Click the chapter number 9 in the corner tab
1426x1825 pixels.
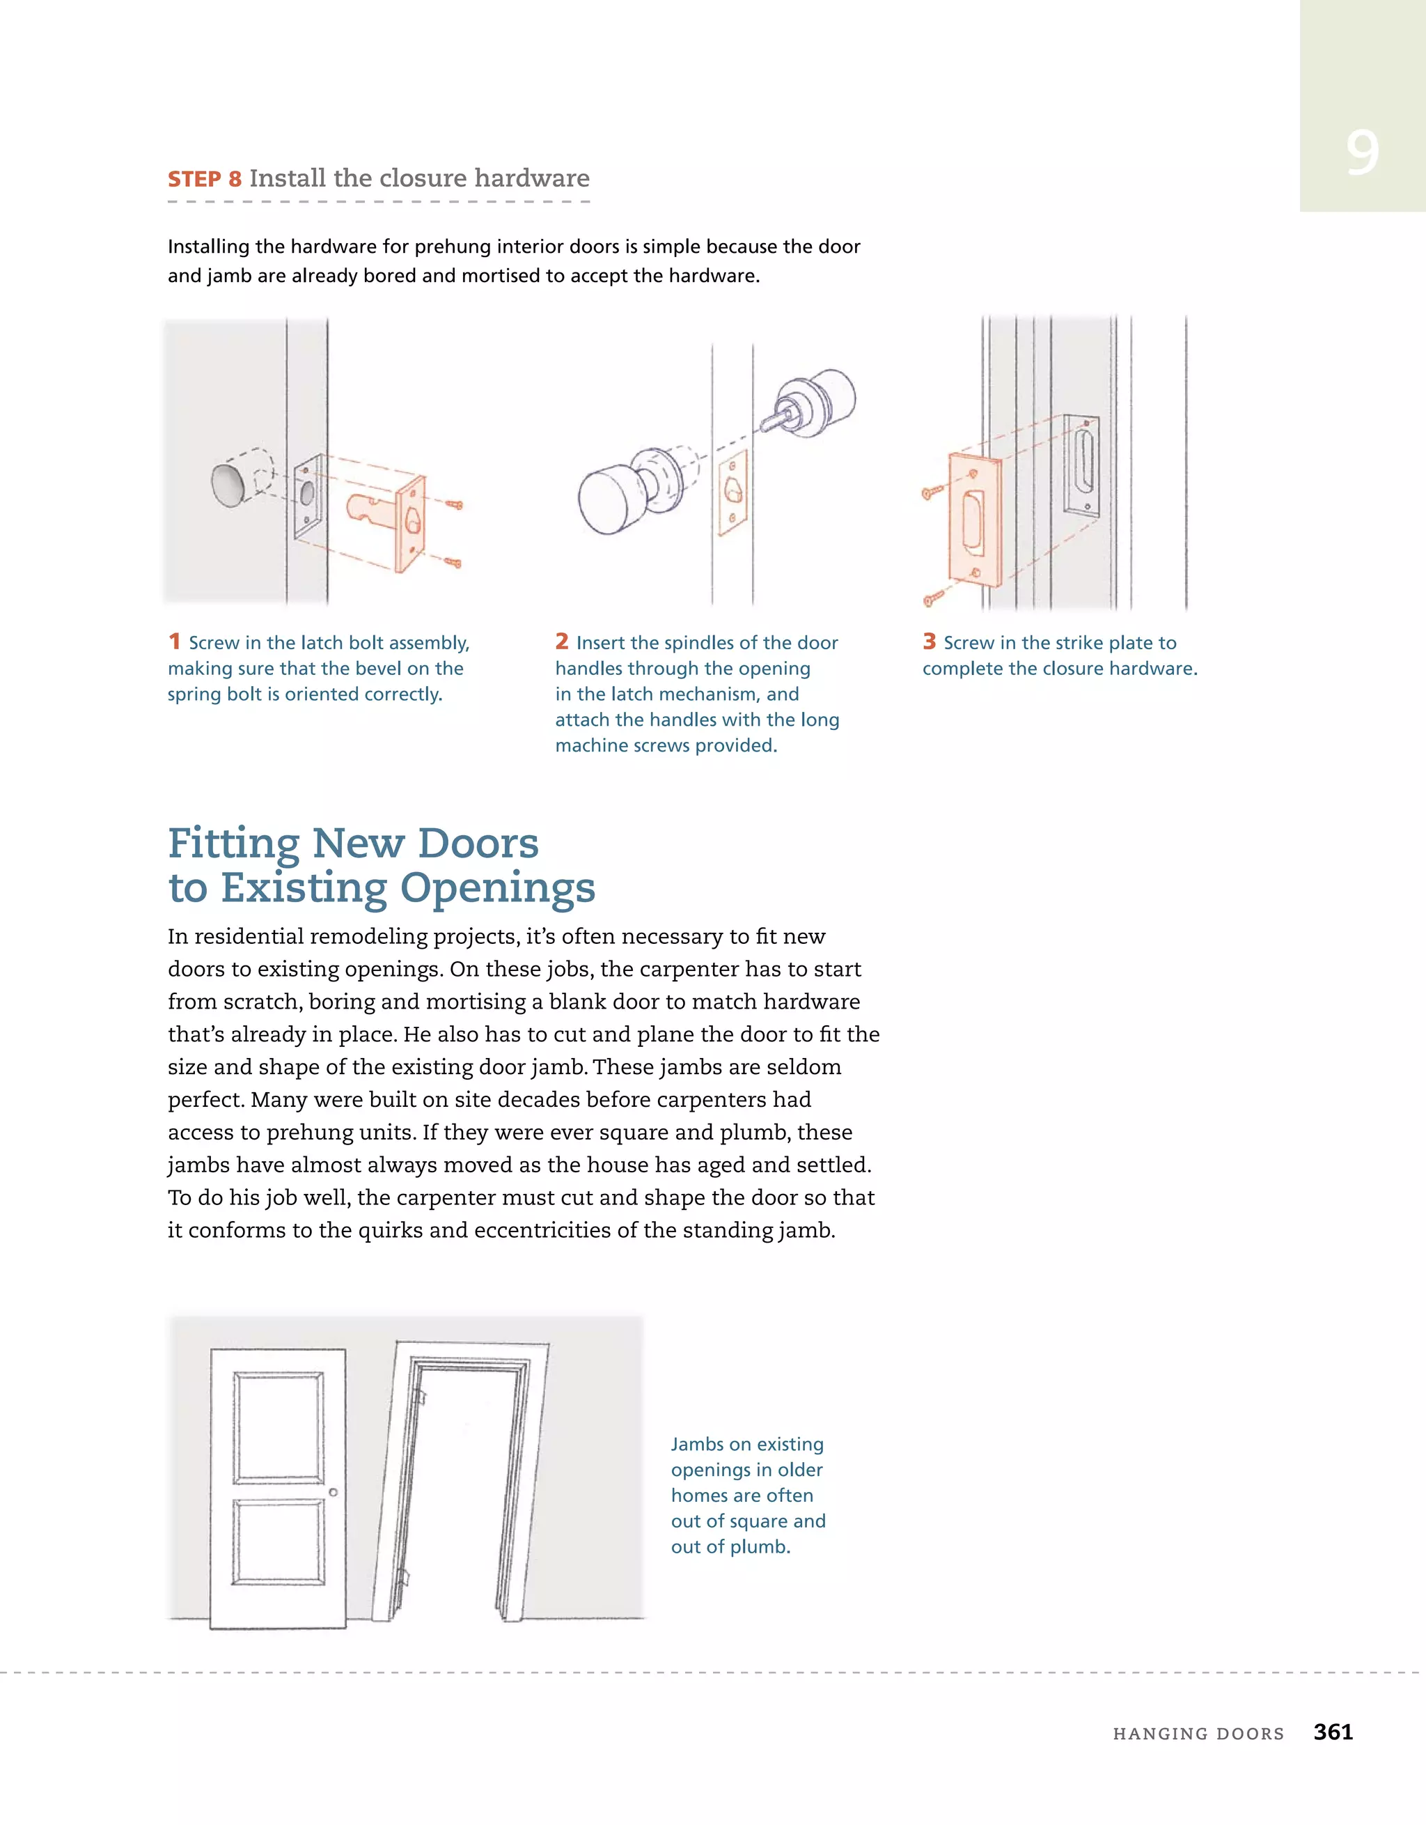click(1362, 154)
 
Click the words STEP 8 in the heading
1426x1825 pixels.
click(204, 179)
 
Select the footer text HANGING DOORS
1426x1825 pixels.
click(1198, 1733)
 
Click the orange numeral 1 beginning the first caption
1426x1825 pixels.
click(174, 641)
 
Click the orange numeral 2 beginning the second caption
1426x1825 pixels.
click(561, 641)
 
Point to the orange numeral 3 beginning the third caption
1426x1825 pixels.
click(929, 641)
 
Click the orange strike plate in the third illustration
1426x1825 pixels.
click(974, 518)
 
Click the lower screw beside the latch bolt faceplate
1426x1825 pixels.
click(453, 562)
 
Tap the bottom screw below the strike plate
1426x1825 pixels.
click(933, 598)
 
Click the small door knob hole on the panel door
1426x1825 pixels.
click(334, 1491)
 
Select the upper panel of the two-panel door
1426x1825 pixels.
click(279, 1427)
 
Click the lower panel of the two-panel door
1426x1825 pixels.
click(279, 1541)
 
